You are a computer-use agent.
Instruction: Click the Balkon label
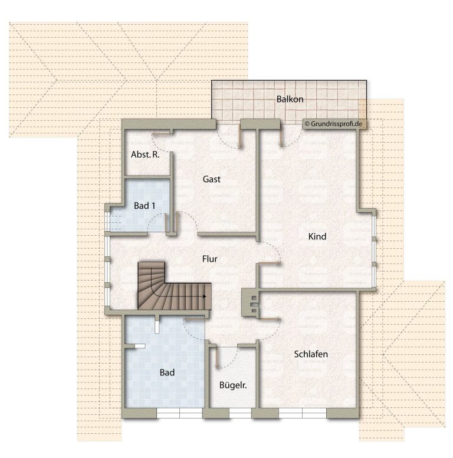290,99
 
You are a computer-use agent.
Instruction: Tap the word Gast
212,179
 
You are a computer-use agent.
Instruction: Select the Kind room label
317,236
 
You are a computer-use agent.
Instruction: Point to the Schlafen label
311,354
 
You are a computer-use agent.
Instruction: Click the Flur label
209,259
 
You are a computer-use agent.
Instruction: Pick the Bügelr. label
233,385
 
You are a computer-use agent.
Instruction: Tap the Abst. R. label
145,154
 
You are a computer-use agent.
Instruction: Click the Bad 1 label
145,206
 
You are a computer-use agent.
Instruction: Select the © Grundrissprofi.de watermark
333,124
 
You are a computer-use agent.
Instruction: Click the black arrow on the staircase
205,296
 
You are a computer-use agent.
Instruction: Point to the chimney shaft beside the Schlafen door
250,303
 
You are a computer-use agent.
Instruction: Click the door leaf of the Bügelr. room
216,358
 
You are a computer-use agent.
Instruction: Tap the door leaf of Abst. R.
161,134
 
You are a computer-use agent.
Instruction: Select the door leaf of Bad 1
167,223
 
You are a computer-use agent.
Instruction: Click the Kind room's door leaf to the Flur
268,263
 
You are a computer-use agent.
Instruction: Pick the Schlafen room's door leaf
268,319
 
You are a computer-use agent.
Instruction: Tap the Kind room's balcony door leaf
281,137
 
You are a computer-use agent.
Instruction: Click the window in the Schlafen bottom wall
303,413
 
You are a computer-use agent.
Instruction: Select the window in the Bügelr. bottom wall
240,413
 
